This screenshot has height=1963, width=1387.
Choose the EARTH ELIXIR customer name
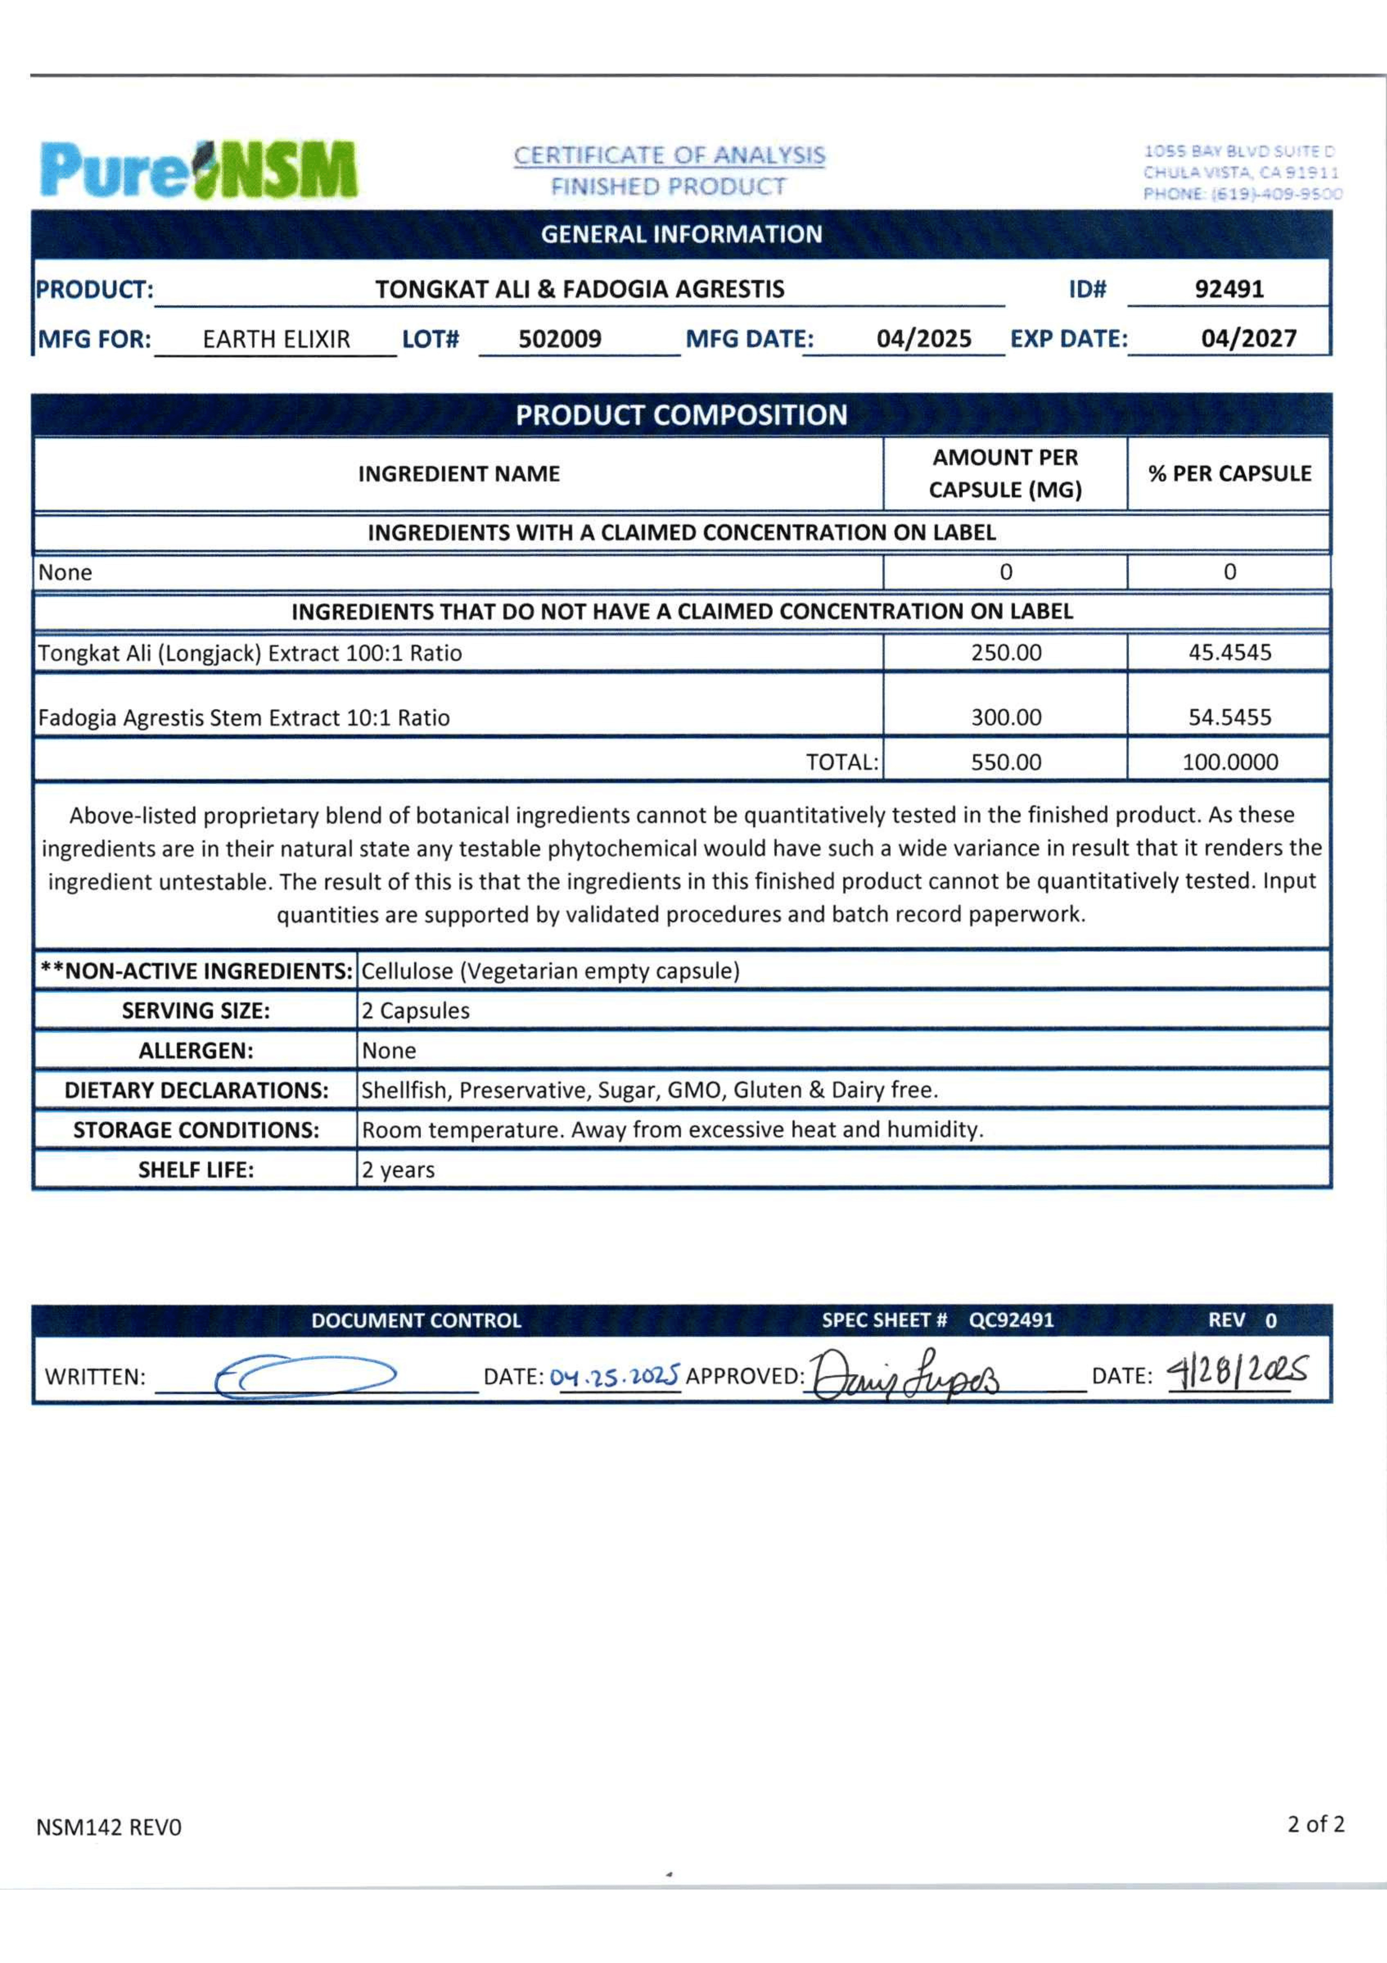click(x=276, y=340)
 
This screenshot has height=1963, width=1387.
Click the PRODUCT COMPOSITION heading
click(x=681, y=416)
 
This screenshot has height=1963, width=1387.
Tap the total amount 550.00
click(x=1006, y=763)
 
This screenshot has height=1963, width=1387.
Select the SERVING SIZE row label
click(x=196, y=1011)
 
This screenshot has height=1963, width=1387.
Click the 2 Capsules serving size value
click(x=415, y=1011)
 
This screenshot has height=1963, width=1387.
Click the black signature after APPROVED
click(x=904, y=1374)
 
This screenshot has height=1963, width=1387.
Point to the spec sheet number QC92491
click(x=1011, y=1320)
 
